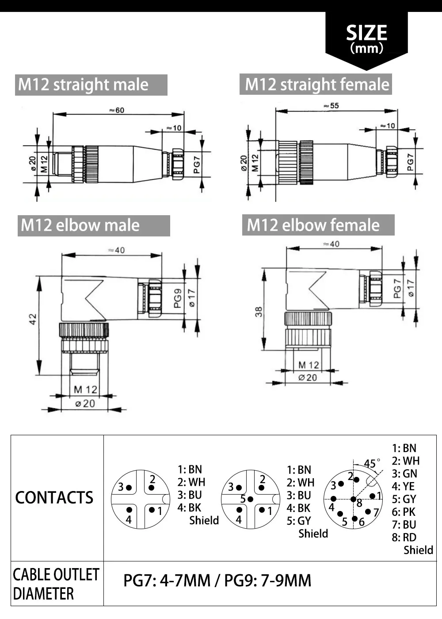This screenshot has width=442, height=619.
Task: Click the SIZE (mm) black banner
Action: tap(366, 39)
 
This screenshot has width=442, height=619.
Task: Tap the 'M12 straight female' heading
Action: tap(316, 84)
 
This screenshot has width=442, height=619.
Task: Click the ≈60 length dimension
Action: tap(117, 110)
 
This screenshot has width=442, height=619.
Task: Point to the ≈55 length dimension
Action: tap(331, 106)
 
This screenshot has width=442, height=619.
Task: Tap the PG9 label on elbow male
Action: tap(178, 298)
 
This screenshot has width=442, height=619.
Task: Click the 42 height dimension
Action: tap(33, 319)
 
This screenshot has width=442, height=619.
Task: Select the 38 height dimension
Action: tap(259, 312)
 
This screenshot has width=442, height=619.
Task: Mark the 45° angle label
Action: tap(371, 464)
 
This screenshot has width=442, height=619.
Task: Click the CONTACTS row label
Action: tap(54, 498)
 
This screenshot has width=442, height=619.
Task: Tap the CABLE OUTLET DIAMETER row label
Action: tap(56, 584)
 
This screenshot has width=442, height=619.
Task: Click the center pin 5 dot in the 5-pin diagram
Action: tap(250, 499)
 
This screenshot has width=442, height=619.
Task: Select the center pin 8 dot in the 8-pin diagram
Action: tap(353, 499)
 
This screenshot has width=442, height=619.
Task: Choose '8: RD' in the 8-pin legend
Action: tap(404, 537)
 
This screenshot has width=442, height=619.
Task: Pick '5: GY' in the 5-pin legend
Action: tap(299, 521)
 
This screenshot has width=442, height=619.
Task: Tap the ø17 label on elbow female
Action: tap(411, 288)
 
